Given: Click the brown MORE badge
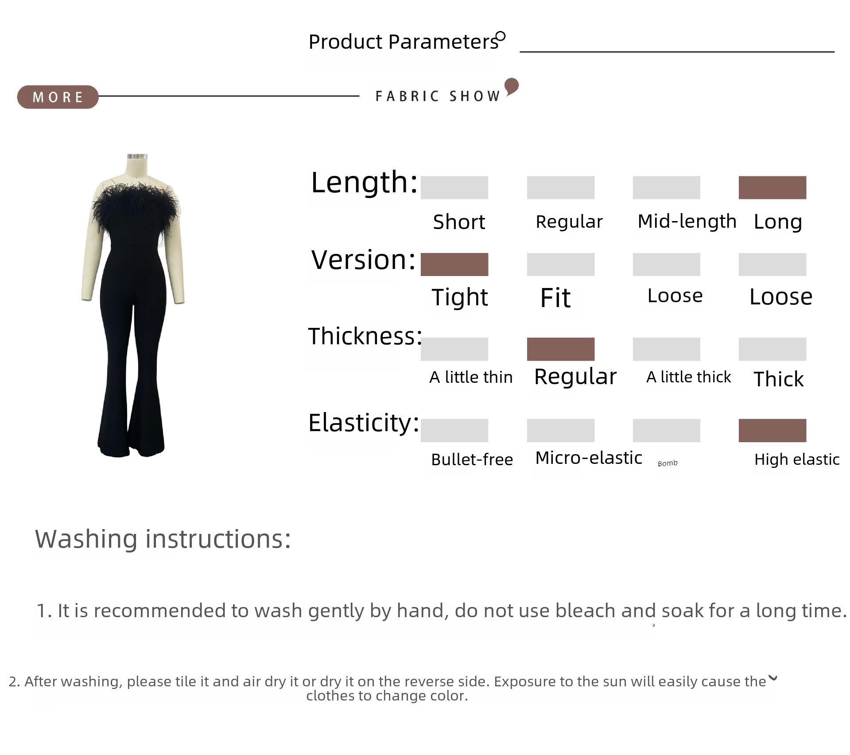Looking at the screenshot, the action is [x=58, y=97].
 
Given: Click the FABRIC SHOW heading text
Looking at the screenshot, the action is [x=438, y=96].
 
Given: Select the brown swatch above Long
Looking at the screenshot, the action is [x=772, y=187].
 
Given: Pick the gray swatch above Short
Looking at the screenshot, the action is [x=454, y=187].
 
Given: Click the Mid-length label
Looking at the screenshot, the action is [x=687, y=221].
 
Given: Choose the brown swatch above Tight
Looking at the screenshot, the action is [x=454, y=265].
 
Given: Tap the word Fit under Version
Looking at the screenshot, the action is [x=555, y=297].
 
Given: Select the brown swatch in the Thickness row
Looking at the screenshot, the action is [x=560, y=349].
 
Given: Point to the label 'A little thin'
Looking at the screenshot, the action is [x=471, y=377].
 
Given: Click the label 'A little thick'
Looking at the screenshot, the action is [x=688, y=377].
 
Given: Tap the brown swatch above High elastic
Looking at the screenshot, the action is [x=772, y=430].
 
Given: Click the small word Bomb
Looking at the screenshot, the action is [x=668, y=463].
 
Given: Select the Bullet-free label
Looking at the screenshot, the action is [x=472, y=459].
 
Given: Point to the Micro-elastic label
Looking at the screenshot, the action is [x=589, y=458].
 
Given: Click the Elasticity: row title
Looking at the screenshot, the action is [x=364, y=423].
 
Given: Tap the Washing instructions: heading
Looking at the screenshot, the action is [x=163, y=539].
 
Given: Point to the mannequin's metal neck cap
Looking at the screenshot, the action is [x=137, y=156].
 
